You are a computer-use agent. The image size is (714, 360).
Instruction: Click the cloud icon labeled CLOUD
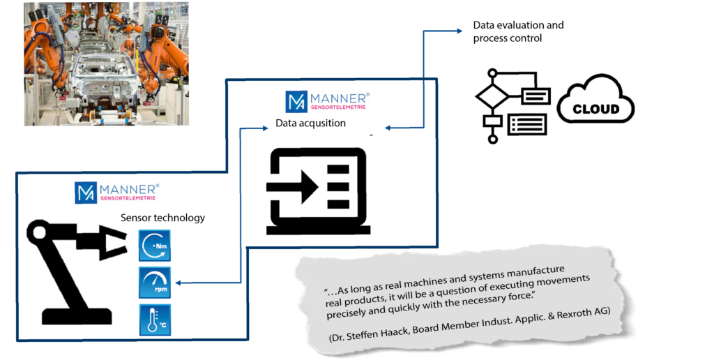[x=596, y=105]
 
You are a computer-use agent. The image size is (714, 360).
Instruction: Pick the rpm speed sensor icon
[x=154, y=282]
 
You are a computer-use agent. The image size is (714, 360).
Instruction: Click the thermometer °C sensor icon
[x=154, y=320]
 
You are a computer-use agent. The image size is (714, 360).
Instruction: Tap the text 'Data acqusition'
[x=310, y=123]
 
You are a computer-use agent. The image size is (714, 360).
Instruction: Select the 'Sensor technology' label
[x=163, y=218]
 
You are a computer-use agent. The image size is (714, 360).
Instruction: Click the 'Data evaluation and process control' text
[x=518, y=31]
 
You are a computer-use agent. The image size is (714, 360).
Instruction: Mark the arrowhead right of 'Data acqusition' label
[x=386, y=128]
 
